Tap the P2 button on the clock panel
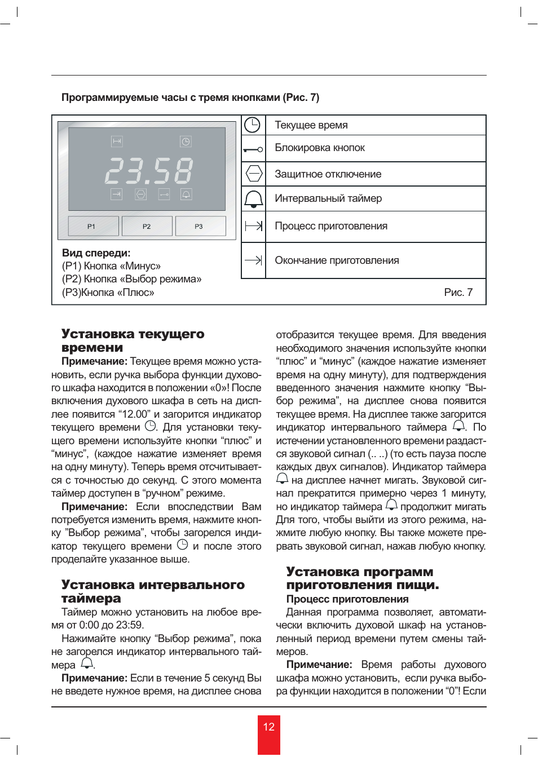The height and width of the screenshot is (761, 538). click(x=147, y=226)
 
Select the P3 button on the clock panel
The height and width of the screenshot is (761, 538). click(x=200, y=226)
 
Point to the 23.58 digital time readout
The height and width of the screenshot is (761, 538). click(x=149, y=170)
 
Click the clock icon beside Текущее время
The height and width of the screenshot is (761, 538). click(x=252, y=125)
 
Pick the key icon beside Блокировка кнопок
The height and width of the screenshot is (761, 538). click(x=253, y=149)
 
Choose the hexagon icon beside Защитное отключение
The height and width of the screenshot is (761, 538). click(x=254, y=173)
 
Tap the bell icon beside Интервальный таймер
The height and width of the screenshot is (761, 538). click(x=253, y=198)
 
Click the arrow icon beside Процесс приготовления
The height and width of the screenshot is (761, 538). click(x=254, y=226)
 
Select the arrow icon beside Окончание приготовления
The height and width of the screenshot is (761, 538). click(x=253, y=260)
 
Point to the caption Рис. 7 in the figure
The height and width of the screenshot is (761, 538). click(x=458, y=292)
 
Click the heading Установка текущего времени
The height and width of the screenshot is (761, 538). click(x=133, y=340)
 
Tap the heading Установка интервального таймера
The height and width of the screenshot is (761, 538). click(x=153, y=591)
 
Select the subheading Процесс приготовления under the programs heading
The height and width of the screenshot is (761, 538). click(x=347, y=599)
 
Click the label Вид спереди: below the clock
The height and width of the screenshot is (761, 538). click(x=96, y=253)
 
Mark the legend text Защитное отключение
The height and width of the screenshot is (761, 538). click(x=328, y=174)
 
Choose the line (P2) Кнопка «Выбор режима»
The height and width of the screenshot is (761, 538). click(x=131, y=279)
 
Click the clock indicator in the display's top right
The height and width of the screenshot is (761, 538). click(x=186, y=141)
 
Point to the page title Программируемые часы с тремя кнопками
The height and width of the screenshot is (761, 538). click(x=190, y=98)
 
